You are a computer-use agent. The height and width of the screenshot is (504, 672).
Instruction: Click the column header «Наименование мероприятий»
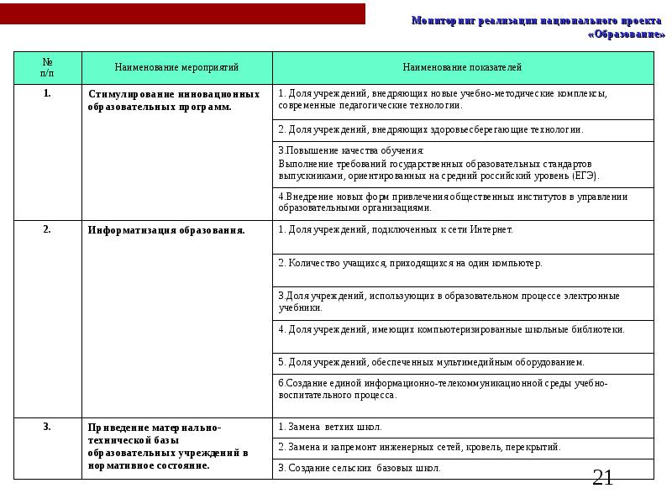[177, 66]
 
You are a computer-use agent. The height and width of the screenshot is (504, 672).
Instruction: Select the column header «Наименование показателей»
[462, 66]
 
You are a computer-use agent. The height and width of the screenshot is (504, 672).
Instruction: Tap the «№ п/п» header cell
[47, 66]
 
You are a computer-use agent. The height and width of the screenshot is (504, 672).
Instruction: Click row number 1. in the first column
[47, 93]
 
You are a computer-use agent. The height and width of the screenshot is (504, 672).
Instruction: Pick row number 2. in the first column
[47, 229]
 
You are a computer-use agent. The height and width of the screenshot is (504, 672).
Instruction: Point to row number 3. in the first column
[47, 427]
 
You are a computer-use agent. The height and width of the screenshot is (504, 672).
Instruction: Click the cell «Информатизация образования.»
[166, 229]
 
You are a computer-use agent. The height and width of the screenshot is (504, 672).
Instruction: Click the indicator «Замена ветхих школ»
[329, 428]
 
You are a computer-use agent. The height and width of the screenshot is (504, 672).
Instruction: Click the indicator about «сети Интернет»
[395, 229]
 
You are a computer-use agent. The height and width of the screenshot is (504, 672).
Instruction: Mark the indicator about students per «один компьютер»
[410, 263]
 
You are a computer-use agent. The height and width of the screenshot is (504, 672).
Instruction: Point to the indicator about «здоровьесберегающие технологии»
[430, 130]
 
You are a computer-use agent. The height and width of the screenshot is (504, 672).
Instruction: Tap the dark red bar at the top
[182, 13]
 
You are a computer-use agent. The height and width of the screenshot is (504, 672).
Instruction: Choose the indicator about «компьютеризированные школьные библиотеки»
[451, 329]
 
